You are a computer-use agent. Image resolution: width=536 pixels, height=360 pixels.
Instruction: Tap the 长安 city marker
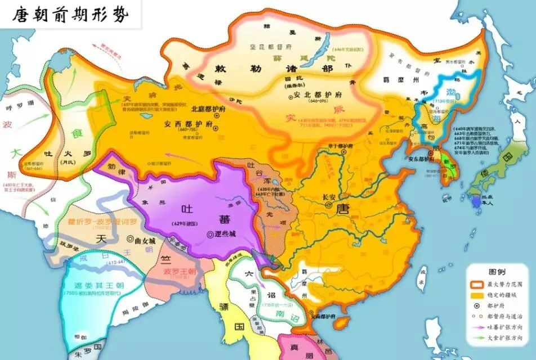328,206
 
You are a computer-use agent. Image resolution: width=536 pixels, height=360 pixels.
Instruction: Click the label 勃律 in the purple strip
113,167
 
